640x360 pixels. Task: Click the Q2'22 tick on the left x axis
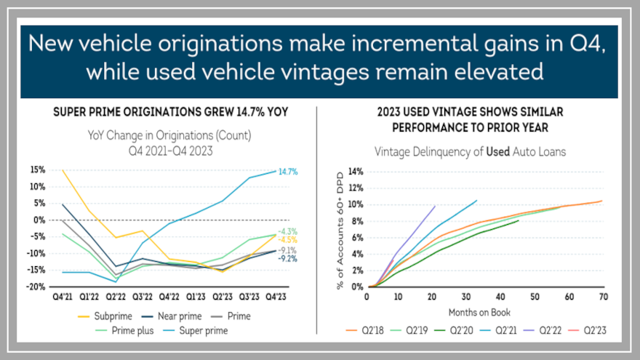(x=115, y=297)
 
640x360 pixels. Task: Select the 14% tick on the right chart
(x=355, y=172)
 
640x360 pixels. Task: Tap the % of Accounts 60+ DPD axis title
(x=340, y=229)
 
